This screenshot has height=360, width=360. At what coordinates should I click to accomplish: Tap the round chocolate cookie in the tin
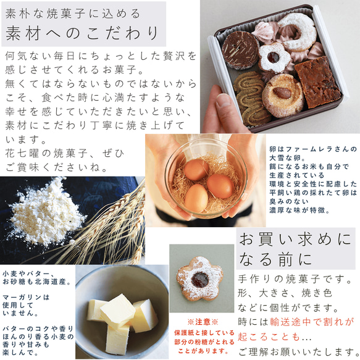tap(240, 49)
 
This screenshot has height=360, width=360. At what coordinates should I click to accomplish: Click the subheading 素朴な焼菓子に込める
tap(73, 12)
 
